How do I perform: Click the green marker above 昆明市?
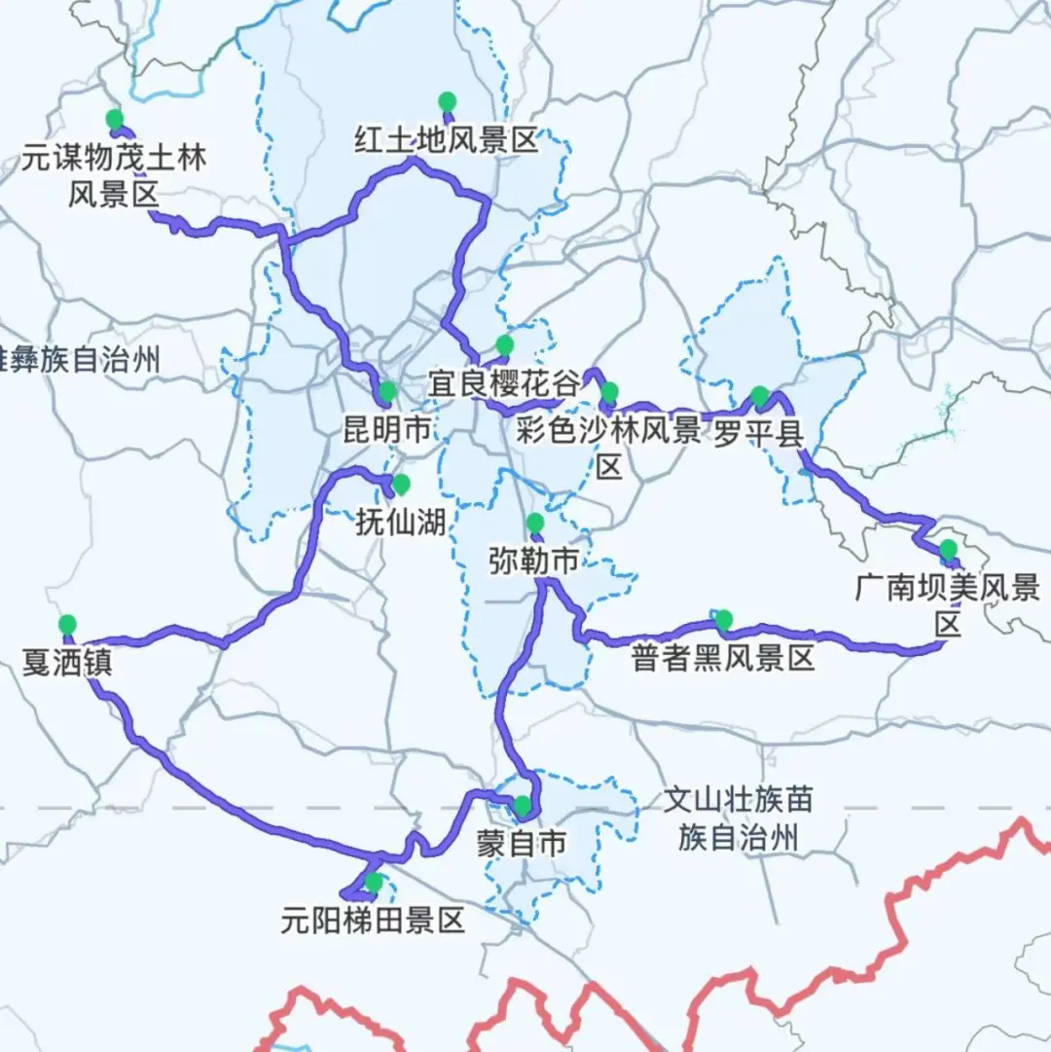click(387, 391)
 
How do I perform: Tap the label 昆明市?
click(387, 429)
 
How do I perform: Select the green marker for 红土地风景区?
click(447, 100)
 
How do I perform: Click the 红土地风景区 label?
click(446, 142)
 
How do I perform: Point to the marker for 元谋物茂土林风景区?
click(115, 119)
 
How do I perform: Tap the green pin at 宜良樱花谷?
click(504, 345)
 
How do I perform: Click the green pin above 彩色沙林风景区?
click(609, 392)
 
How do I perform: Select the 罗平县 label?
click(759, 433)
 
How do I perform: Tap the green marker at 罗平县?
click(759, 395)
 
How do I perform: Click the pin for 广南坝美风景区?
click(948, 549)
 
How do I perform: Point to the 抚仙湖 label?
click(400, 523)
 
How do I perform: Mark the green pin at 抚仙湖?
click(400, 484)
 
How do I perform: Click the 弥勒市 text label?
click(533, 561)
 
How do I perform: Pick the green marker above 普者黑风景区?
click(723, 619)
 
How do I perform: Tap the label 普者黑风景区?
click(722, 659)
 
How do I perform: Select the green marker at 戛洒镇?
click(67, 624)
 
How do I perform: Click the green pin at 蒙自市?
click(523, 805)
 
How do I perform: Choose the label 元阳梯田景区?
click(373, 920)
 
